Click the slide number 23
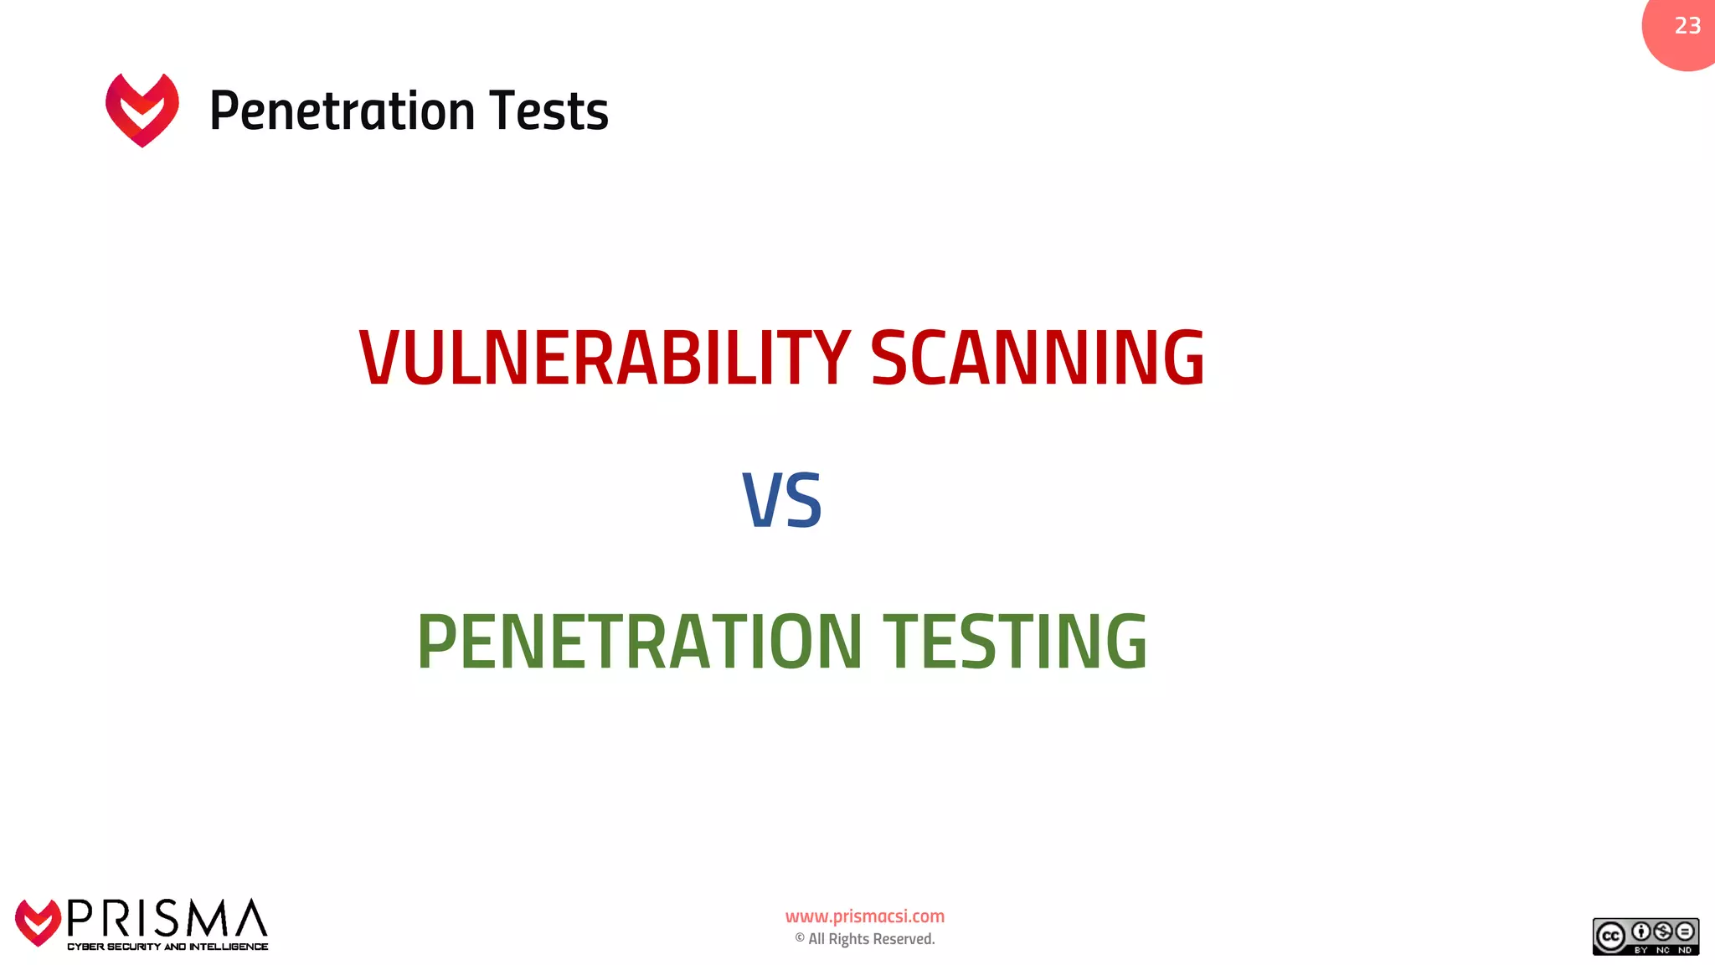pyautogui.click(x=1687, y=26)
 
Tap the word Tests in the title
pyautogui.click(x=548, y=111)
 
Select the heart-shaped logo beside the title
pyautogui.click(x=142, y=110)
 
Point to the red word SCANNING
pyautogui.click(x=1038, y=358)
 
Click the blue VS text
pyautogui.click(x=782, y=501)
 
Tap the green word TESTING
pyautogui.click(x=1015, y=642)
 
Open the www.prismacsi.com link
pyautogui.click(x=864, y=916)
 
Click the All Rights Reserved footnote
pyautogui.click(x=871, y=939)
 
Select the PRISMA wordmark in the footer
pyautogui.click(x=167, y=919)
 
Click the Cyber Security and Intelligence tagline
pyautogui.click(x=167, y=947)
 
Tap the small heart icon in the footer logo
pyautogui.click(x=38, y=922)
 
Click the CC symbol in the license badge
pyautogui.click(x=1609, y=937)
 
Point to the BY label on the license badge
pyautogui.click(x=1640, y=950)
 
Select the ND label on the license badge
pyautogui.click(x=1685, y=950)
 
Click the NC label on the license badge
pyautogui.click(x=1662, y=950)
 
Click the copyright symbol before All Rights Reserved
pyautogui.click(x=800, y=938)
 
